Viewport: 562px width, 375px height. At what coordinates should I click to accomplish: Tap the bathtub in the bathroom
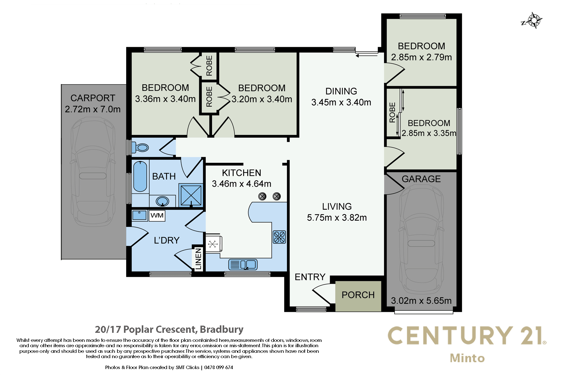click(x=140, y=177)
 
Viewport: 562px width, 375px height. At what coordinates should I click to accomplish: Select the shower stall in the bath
click(x=191, y=195)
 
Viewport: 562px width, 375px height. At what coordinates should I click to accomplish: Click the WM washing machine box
click(x=157, y=216)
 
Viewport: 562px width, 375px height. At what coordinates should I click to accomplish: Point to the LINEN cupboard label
click(x=198, y=259)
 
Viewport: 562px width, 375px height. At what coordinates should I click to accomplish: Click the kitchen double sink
click(x=243, y=265)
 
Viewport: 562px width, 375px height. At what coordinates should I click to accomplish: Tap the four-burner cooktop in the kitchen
click(x=279, y=237)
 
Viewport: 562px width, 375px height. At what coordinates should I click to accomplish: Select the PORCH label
click(x=358, y=295)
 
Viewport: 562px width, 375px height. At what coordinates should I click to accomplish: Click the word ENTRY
click(x=310, y=277)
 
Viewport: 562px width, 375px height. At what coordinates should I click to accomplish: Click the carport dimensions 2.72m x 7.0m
click(x=93, y=109)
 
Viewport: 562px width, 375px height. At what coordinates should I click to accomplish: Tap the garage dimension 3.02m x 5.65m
click(x=421, y=301)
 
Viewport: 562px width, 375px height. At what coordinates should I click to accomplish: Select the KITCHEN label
click(x=241, y=173)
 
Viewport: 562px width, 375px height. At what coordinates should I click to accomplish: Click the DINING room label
click(x=341, y=91)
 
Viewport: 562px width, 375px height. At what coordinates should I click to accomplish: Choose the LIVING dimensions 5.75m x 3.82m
click(x=337, y=217)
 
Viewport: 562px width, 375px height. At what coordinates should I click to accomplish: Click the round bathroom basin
click(x=162, y=201)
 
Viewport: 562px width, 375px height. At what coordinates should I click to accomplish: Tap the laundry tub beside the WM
click(x=139, y=215)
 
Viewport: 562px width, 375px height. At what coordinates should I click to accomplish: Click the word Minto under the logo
click(x=467, y=358)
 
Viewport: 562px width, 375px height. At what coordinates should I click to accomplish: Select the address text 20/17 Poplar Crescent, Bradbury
click(x=169, y=329)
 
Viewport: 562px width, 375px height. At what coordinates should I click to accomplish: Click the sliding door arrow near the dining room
click(x=367, y=56)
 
